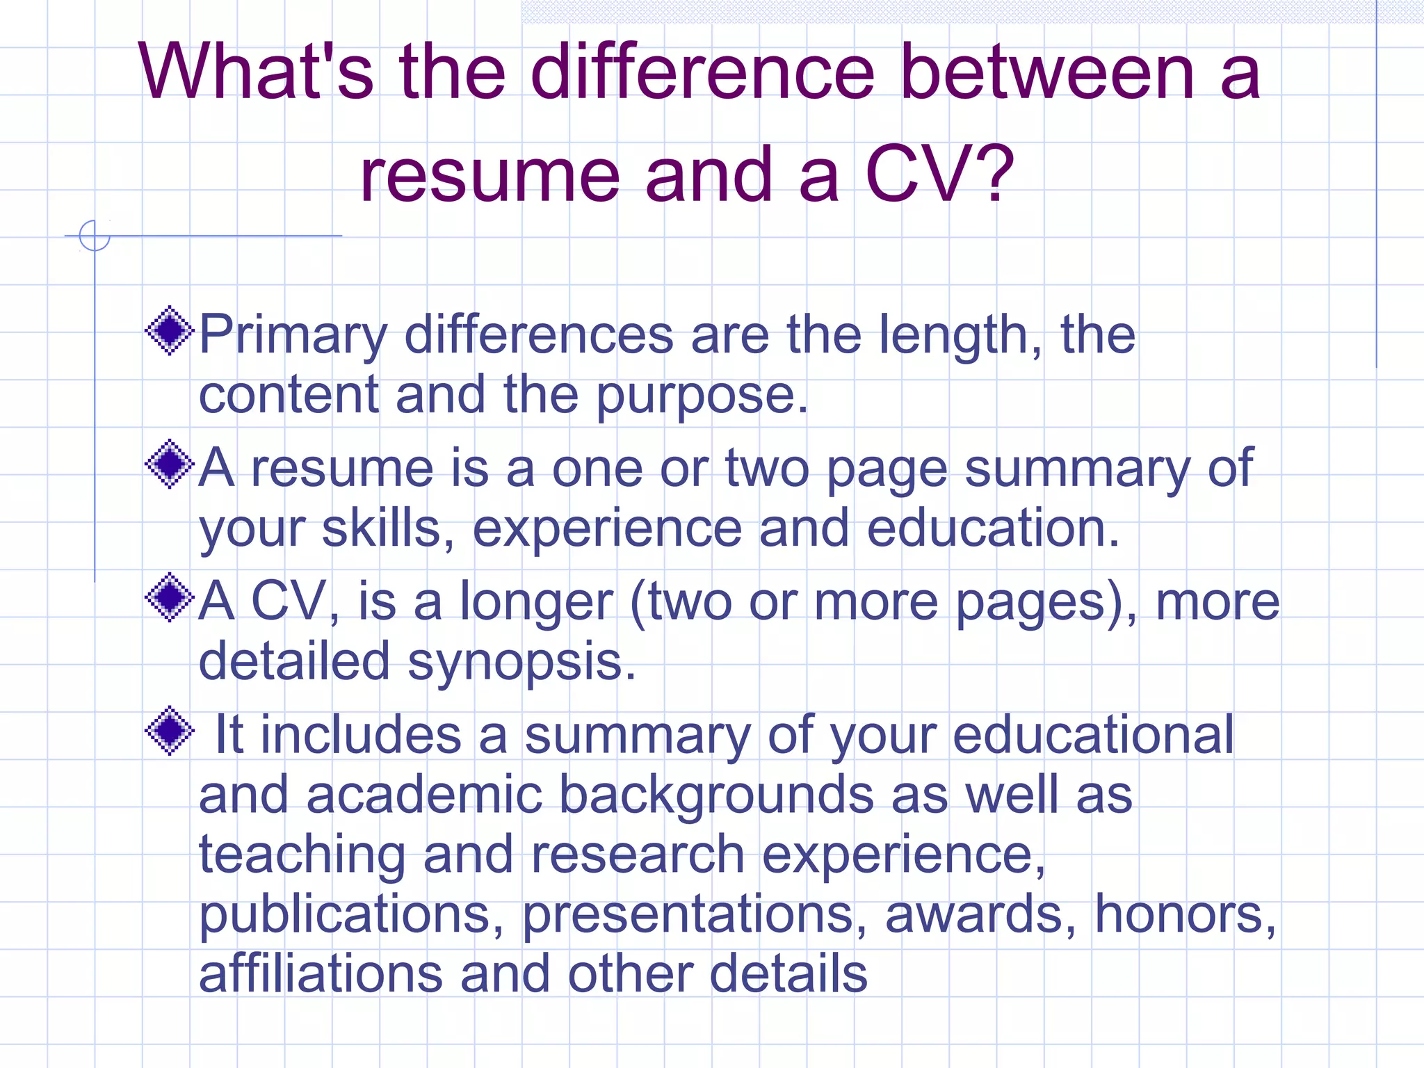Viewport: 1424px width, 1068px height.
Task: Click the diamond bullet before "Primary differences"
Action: click(x=169, y=331)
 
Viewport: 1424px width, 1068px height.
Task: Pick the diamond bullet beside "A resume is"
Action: click(x=169, y=464)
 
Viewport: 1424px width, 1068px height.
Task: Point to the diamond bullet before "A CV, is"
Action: click(x=169, y=597)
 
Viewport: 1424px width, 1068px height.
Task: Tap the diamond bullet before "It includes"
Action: click(x=169, y=731)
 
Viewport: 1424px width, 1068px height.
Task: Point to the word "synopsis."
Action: click(x=521, y=663)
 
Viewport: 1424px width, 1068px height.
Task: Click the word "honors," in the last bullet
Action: click(x=1186, y=914)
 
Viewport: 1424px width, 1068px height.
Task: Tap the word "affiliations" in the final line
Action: click(x=321, y=973)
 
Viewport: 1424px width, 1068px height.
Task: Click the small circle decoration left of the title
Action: click(x=95, y=235)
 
